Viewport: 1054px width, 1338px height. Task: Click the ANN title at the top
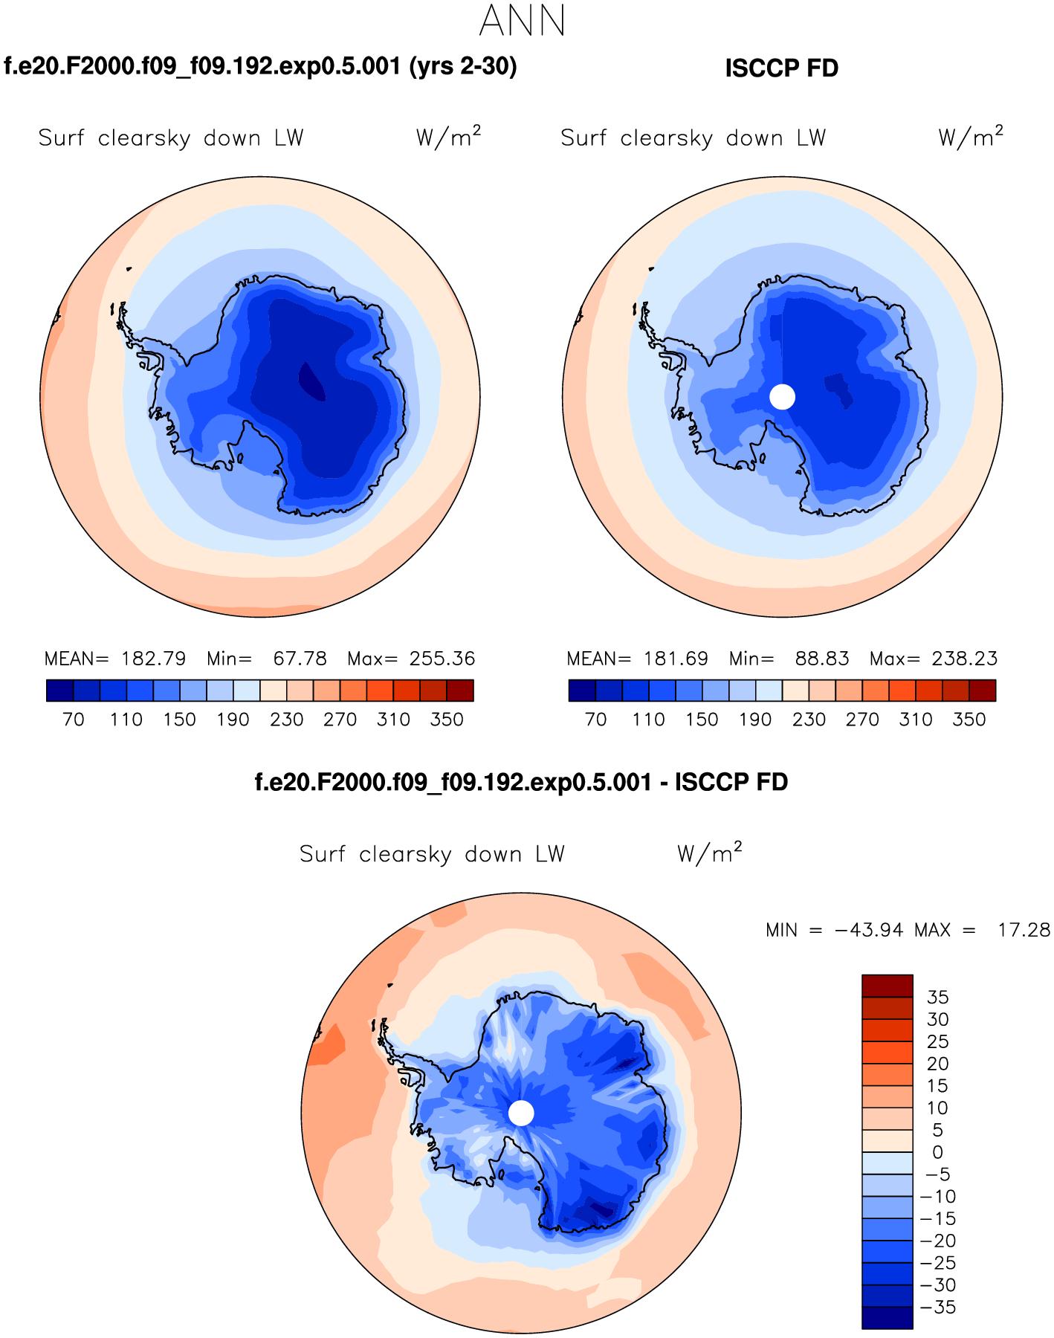[523, 21]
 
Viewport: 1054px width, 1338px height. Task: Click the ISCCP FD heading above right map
[781, 68]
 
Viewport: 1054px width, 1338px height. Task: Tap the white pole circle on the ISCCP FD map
[782, 396]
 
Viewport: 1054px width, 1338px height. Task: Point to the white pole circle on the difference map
[521, 1113]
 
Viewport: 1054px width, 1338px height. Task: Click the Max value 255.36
[442, 659]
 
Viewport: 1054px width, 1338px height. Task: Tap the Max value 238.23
[965, 659]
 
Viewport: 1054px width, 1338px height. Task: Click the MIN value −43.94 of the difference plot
[870, 930]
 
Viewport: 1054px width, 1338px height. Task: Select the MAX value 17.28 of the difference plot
[1024, 930]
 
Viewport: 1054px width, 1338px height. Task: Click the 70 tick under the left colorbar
[73, 720]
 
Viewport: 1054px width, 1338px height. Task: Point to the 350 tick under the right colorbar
[969, 720]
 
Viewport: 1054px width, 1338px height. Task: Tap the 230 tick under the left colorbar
[287, 720]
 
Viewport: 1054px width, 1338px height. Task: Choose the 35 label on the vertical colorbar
[938, 997]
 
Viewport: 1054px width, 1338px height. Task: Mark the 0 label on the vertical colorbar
[938, 1152]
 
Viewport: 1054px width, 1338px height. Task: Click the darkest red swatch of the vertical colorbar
[887, 986]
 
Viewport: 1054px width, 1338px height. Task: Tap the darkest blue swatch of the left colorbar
[59, 691]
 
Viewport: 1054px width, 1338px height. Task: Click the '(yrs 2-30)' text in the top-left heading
[463, 67]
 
